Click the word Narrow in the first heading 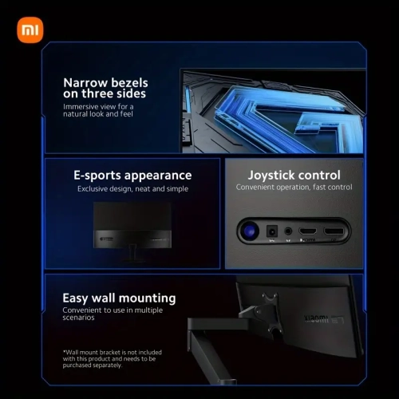click(89, 82)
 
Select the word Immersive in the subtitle click(82, 106)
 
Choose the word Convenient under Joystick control click(260, 188)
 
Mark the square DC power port click(273, 231)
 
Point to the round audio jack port click(288, 231)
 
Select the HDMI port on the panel click(307, 231)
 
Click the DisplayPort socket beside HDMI click(334, 231)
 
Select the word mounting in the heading click(148, 298)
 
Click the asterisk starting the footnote click(64, 352)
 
